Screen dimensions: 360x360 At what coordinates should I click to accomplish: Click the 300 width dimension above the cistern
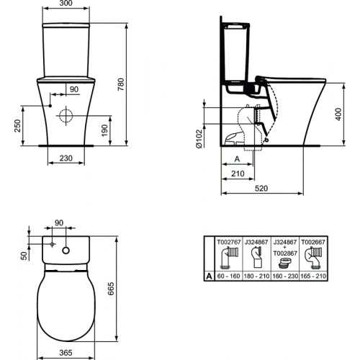click(x=66, y=4)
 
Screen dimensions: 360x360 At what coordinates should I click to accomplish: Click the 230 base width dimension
click(x=66, y=158)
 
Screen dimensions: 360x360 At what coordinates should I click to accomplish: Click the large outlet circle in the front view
click(x=66, y=114)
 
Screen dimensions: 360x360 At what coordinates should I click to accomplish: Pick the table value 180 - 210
click(x=256, y=276)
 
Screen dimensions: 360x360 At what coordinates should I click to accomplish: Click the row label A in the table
click(x=210, y=276)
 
